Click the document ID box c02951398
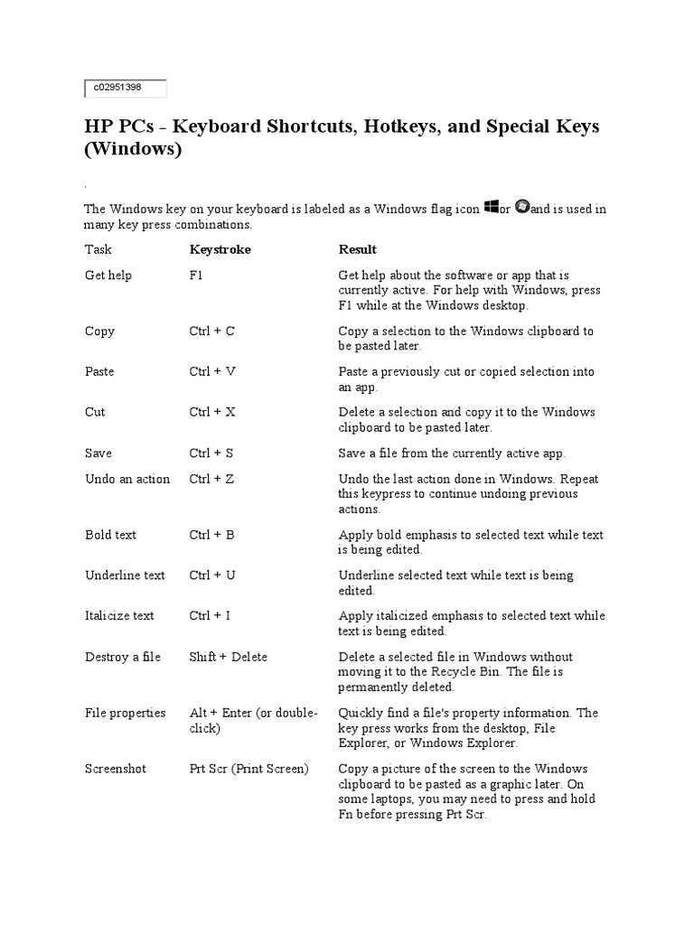[x=126, y=88]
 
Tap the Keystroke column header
[x=220, y=249]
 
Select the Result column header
[x=357, y=249]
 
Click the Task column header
[x=98, y=249]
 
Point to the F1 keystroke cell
[x=196, y=276]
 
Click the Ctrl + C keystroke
[x=211, y=332]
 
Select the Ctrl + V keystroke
[x=211, y=372]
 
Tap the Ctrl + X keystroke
[x=212, y=412]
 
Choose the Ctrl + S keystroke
[x=211, y=453]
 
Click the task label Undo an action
[x=127, y=480]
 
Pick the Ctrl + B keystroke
[x=211, y=536]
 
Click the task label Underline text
[x=126, y=575]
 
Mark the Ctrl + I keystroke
[x=210, y=616]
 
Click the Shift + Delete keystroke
[x=228, y=658]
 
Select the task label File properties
[x=126, y=714]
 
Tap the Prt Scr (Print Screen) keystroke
[x=249, y=770]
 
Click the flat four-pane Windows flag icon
[x=492, y=208]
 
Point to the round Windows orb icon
[x=521, y=208]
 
